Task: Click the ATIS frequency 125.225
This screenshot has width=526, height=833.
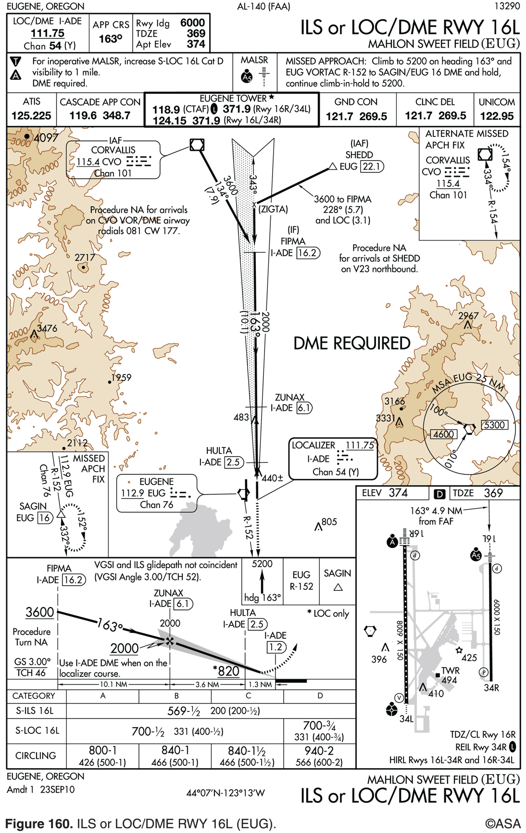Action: coord(31,116)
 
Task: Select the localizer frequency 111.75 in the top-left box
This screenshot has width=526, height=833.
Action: coord(47,33)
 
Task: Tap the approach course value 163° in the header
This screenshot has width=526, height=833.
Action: coord(110,39)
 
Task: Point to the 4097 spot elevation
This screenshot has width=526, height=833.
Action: coord(46,138)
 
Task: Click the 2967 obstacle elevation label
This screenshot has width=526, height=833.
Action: coord(468,316)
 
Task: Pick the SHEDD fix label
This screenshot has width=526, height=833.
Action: coord(359,155)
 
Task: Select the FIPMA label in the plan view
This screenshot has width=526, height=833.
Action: coord(293,241)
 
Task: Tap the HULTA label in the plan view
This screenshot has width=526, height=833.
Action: coord(219,451)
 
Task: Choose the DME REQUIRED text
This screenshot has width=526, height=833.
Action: coord(352,343)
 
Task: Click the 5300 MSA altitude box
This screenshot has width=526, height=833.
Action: coord(495,425)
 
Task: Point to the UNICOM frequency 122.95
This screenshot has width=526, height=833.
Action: coord(497,116)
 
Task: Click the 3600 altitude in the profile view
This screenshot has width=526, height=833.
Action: coord(40,612)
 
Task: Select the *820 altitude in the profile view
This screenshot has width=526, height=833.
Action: coord(226,671)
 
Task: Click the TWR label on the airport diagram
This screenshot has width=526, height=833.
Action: coord(451,671)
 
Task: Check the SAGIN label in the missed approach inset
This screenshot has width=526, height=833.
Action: coord(33,506)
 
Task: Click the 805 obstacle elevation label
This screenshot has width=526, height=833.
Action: coord(329,522)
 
